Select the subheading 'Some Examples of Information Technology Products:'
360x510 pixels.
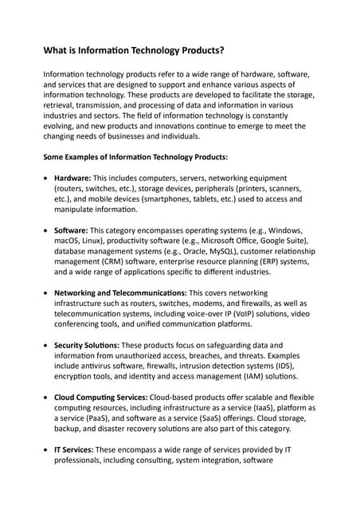135,157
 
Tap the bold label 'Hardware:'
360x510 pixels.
72,177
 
